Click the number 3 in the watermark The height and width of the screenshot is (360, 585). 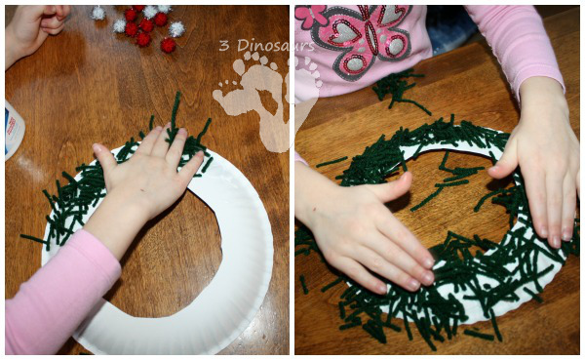coord(223,46)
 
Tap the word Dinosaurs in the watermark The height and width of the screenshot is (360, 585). coord(276,46)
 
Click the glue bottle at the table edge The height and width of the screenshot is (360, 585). coord(15,130)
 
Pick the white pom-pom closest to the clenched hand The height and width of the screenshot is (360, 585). coord(98,13)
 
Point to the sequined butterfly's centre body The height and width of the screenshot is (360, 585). coord(371,37)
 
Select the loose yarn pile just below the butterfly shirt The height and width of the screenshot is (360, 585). coord(399,91)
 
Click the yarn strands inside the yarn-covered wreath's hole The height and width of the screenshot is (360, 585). coord(448,180)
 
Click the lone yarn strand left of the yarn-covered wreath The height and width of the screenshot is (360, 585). coord(331,162)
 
